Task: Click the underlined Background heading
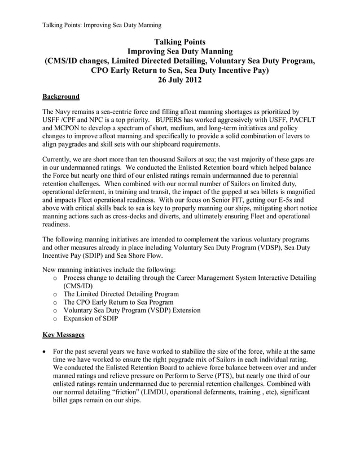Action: point(61,96)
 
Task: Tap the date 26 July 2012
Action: point(179,81)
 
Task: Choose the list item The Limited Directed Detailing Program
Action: point(121,294)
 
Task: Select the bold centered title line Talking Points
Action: point(179,42)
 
